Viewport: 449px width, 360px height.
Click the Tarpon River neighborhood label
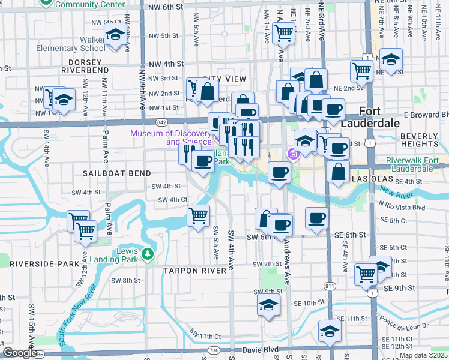(195, 271)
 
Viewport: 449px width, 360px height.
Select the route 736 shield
(213, 349)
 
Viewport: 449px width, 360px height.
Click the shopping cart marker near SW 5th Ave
(198, 214)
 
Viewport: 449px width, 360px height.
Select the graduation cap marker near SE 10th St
(268, 304)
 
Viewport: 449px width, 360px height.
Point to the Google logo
(20, 353)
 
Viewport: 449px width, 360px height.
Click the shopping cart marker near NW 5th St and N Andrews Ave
(283, 33)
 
